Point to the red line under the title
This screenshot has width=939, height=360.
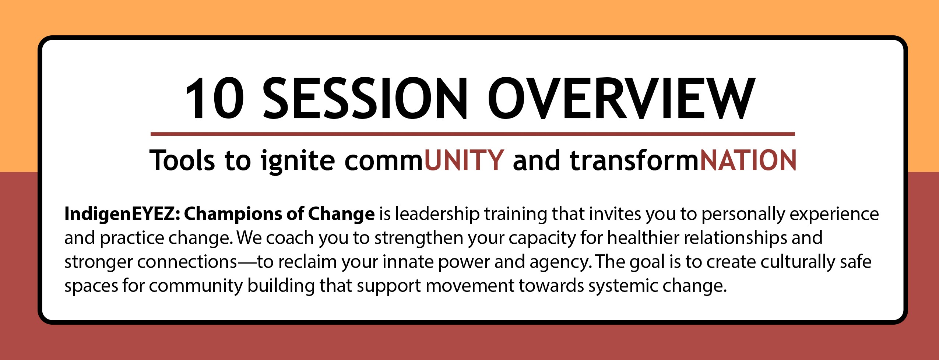(473, 134)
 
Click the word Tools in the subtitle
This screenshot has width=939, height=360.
(182, 160)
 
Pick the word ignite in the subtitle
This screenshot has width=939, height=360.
(298, 161)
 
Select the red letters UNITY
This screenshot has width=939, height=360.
(464, 160)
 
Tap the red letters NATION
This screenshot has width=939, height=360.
(748, 160)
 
